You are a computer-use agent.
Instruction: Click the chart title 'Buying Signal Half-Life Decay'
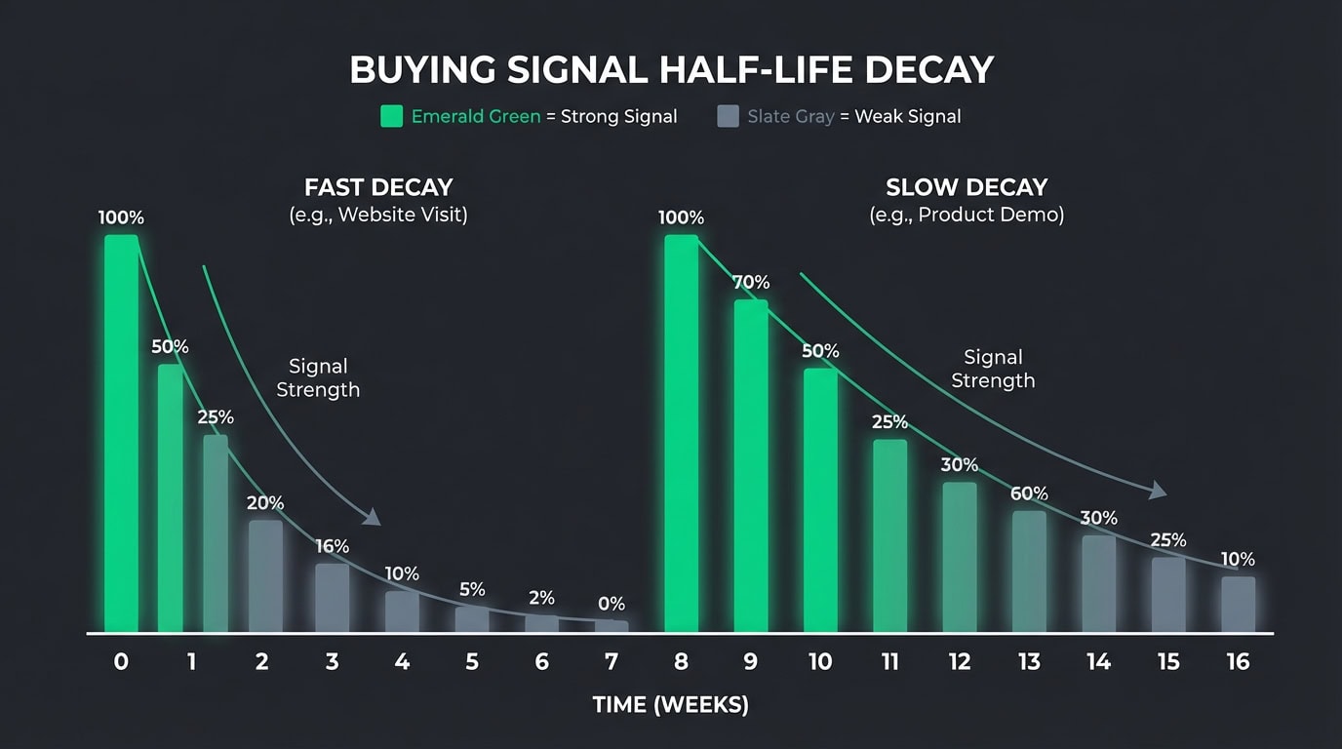[671, 70]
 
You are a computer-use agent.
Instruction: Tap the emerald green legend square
[391, 117]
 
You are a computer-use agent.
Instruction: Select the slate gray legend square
[728, 117]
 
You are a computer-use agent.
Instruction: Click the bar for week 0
[121, 434]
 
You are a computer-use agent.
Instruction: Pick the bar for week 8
[681, 434]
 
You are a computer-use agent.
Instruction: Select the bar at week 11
[889, 536]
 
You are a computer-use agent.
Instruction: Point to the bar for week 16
[1238, 605]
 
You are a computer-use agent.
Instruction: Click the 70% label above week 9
[751, 283]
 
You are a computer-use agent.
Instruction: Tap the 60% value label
[1029, 493]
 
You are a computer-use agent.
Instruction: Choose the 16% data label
[332, 546]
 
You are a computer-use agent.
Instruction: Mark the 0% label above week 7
[612, 605]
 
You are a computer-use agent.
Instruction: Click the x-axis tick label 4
[402, 662]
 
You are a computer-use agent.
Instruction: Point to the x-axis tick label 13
[1029, 662]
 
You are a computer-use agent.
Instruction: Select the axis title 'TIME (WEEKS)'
[671, 705]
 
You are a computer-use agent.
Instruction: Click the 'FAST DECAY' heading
[378, 187]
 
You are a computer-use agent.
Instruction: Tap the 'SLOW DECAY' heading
[967, 187]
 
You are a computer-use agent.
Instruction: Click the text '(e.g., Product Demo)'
[967, 215]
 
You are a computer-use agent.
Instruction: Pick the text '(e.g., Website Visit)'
[378, 215]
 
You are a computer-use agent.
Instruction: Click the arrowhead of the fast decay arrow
[373, 518]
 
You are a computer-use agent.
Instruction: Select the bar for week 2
[265, 576]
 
